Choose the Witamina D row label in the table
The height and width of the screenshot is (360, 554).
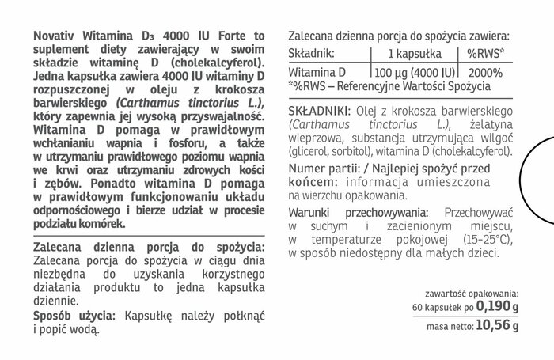(x=319, y=71)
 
